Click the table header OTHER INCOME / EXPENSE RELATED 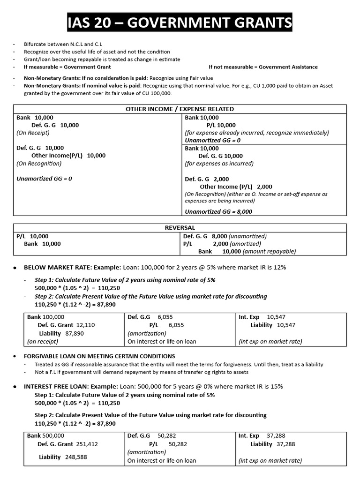180,109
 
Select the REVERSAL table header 180,228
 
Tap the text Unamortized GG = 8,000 218,211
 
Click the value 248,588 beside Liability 75,457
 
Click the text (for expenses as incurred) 219,164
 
